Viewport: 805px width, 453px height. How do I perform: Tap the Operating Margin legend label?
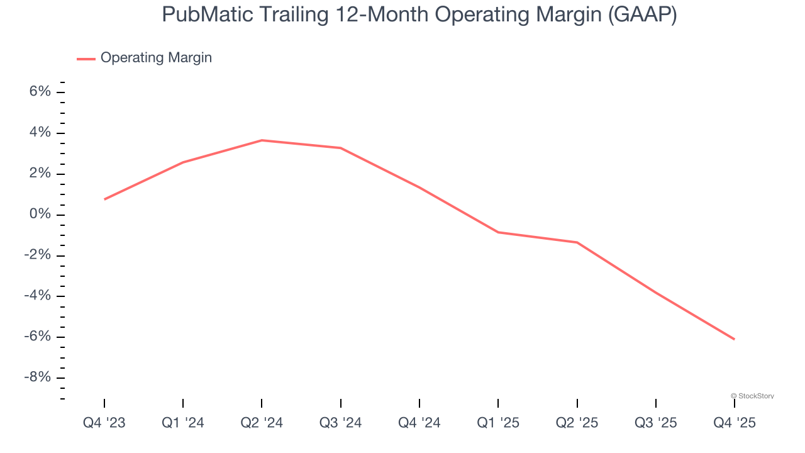156,58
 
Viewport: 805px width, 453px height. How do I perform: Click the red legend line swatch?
86,59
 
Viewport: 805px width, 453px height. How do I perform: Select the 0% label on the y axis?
40,215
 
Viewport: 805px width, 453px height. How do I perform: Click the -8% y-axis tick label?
36,377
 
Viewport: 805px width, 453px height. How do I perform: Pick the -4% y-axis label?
36,296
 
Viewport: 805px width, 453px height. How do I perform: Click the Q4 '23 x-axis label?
104,423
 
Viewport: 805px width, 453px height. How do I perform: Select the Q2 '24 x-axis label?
262,423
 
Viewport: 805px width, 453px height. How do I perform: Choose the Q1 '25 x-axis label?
498,423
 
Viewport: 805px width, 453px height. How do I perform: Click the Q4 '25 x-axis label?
734,423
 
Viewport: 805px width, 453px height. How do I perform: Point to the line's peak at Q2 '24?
262,140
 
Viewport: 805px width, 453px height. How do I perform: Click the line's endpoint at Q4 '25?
734,339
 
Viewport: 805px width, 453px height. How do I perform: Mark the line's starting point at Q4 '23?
104,199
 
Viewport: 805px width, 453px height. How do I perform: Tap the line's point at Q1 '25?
498,232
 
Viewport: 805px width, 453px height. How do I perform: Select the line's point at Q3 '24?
340,148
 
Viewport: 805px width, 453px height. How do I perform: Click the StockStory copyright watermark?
752,396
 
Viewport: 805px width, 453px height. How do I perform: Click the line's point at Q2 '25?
577,242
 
